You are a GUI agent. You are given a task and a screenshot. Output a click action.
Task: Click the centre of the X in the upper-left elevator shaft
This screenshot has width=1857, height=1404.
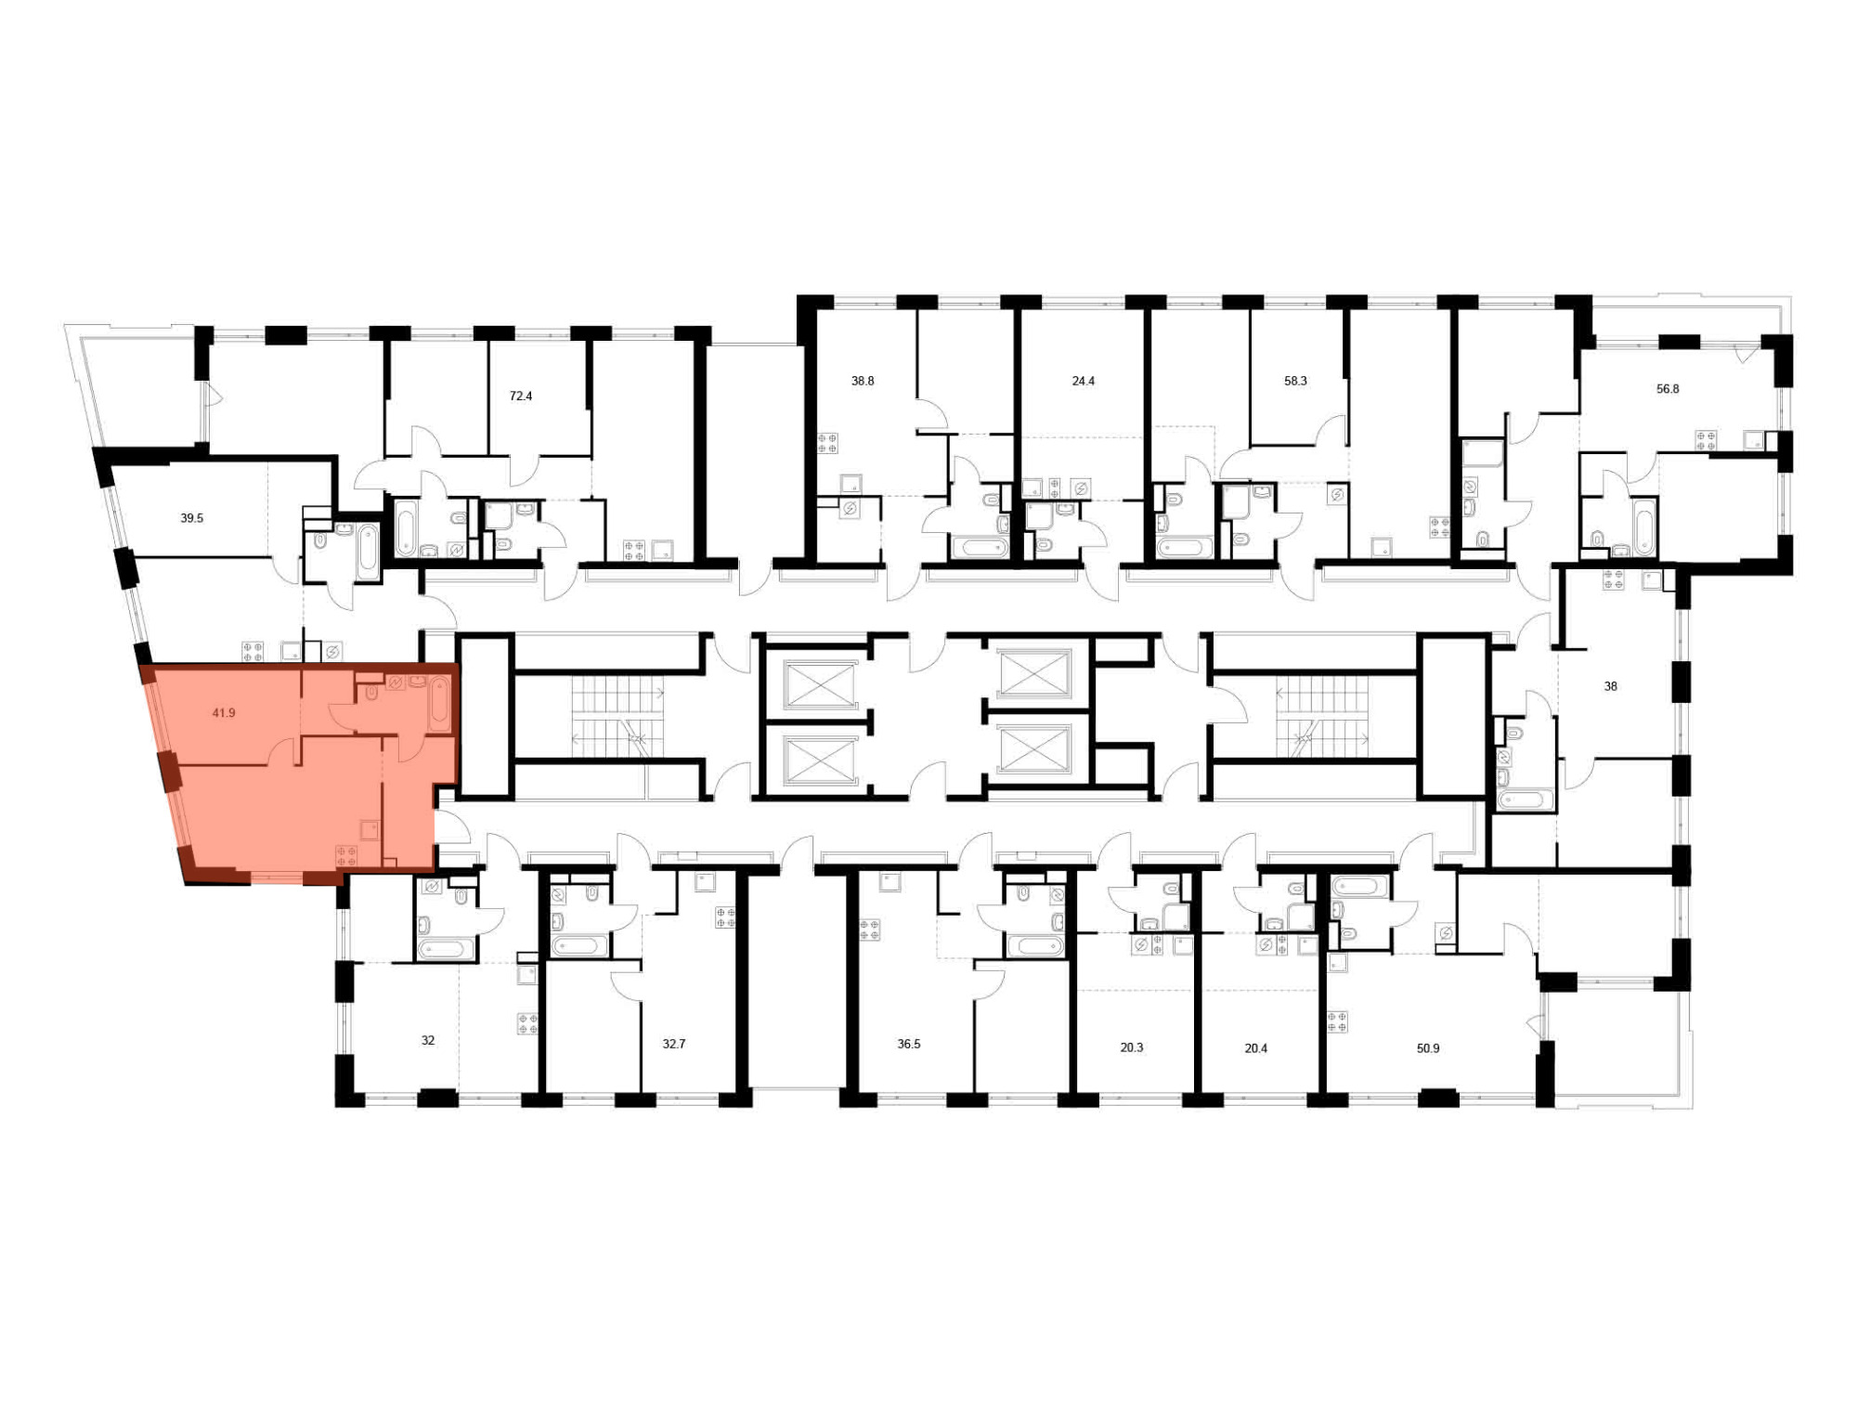point(821,684)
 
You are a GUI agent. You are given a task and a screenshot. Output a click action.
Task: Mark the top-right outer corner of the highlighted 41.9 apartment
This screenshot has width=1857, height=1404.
point(460,663)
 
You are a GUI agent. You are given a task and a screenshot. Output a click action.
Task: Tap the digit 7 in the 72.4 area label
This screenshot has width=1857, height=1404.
point(513,396)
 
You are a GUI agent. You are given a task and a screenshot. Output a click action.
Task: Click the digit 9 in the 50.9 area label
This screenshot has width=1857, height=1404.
point(1435,1048)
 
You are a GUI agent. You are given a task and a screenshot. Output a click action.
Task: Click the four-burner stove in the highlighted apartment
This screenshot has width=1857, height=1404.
point(347,856)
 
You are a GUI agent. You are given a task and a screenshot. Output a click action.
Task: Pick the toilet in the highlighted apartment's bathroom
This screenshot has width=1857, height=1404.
point(370,693)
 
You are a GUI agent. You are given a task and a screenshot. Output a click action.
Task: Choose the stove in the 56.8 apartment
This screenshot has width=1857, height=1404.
point(1706,440)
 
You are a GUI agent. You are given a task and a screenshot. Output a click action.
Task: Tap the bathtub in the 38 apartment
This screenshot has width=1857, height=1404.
point(1524,799)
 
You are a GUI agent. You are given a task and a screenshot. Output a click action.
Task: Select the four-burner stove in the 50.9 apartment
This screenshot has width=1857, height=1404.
point(1338,1022)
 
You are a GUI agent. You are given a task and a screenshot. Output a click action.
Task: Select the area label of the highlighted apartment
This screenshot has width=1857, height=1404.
point(224,713)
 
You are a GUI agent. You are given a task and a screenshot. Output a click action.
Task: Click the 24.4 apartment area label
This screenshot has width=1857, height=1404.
point(1084,381)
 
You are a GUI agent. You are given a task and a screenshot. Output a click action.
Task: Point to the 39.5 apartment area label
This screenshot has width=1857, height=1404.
point(191,518)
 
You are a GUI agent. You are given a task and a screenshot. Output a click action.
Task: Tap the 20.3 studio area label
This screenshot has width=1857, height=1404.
point(1131,1047)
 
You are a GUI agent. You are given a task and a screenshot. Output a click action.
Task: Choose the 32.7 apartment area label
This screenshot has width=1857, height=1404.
point(674,1044)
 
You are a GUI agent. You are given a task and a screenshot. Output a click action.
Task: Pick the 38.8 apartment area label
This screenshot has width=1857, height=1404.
point(863,381)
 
